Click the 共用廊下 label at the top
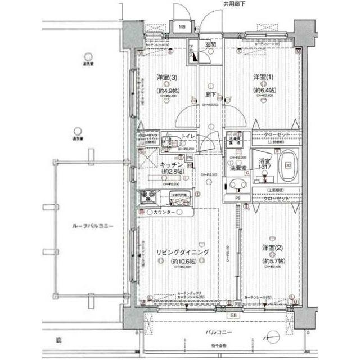(x=234, y=4)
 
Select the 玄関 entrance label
(x=210, y=44)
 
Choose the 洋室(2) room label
(x=272, y=248)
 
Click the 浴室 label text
(x=264, y=162)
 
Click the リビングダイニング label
(x=183, y=253)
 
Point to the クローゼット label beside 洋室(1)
(x=276, y=135)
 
